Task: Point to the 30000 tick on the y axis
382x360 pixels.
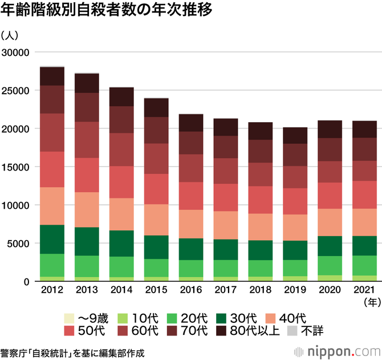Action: pyautogui.click(x=17, y=52)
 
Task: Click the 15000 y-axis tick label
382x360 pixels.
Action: pyautogui.click(x=17, y=167)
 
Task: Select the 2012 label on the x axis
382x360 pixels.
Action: pyautogui.click(x=52, y=290)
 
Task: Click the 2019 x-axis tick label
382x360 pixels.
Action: pyautogui.click(x=296, y=290)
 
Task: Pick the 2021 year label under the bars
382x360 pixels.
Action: pyautogui.click(x=365, y=290)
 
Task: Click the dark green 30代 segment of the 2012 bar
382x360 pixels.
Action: pyautogui.click(x=52, y=239)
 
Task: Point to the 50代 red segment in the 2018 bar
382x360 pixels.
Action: pyautogui.click(x=261, y=200)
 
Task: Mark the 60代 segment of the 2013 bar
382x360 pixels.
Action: pyautogui.click(x=87, y=140)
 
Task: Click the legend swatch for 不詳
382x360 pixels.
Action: pyautogui.click(x=292, y=330)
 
